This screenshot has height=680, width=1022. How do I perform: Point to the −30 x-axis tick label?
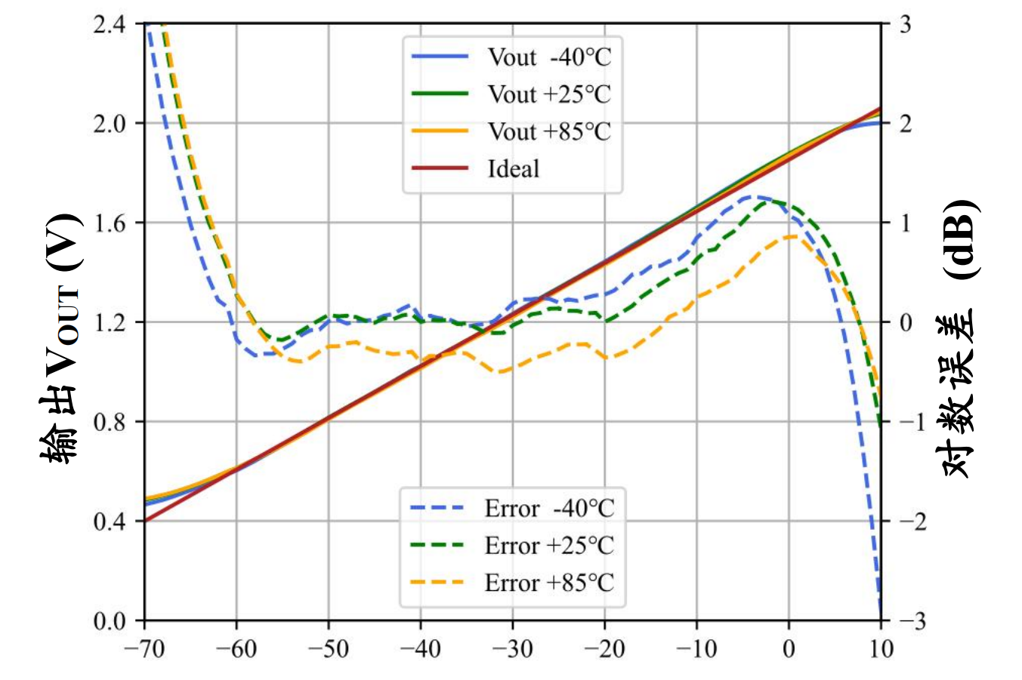click(x=512, y=649)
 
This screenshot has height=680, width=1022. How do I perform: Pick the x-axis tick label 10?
click(x=881, y=649)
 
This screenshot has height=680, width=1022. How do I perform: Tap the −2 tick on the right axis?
click(x=910, y=522)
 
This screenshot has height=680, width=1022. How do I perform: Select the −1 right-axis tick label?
click(x=910, y=422)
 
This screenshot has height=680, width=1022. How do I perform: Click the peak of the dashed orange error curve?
click(x=790, y=236)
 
